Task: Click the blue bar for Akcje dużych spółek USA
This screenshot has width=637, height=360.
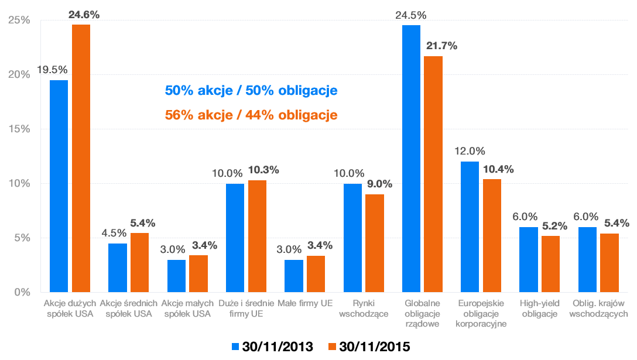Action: pyautogui.click(x=59, y=186)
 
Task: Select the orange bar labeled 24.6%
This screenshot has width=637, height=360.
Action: pyautogui.click(x=81, y=158)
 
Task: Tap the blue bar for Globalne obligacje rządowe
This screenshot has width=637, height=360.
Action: pyautogui.click(x=411, y=159)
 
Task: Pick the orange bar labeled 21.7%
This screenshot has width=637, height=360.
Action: pyautogui.click(x=433, y=174)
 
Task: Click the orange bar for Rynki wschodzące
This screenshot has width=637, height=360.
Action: pyautogui.click(x=375, y=243)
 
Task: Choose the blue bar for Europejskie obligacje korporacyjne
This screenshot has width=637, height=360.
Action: pyautogui.click(x=470, y=227)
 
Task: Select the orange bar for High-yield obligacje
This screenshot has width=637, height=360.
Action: pyautogui.click(x=550, y=263)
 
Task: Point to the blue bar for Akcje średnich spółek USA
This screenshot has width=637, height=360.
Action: pyautogui.click(x=118, y=268)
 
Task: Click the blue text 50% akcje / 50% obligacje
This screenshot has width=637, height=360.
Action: pyautogui.click(x=251, y=91)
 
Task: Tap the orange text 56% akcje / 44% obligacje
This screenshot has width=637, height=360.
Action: pyautogui.click(x=251, y=115)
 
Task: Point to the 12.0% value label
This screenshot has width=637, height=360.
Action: pyautogui.click(x=470, y=151)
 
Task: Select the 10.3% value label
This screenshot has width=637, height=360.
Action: pyautogui.click(x=263, y=170)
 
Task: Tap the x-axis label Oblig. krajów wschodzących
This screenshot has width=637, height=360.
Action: pyautogui.click(x=599, y=308)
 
